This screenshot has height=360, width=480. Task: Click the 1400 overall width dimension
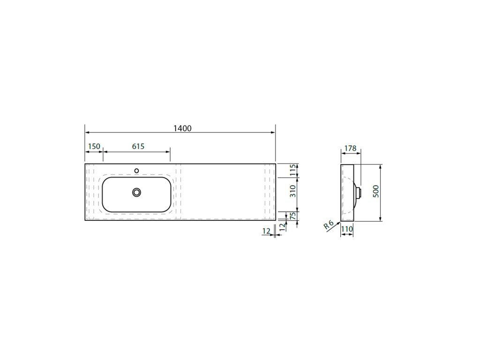point(182,128)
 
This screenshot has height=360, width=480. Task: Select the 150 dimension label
point(94,146)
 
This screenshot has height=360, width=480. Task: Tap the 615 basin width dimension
point(138,146)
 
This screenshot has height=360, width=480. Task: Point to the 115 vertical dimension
point(293,170)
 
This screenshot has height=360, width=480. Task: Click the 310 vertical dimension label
point(293,191)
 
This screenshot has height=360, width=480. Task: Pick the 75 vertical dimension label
point(293,216)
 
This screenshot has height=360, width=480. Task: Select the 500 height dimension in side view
point(376,191)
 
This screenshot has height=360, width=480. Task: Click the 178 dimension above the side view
point(351,149)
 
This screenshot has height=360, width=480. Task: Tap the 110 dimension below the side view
point(347,229)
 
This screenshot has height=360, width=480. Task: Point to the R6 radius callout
point(329,225)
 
